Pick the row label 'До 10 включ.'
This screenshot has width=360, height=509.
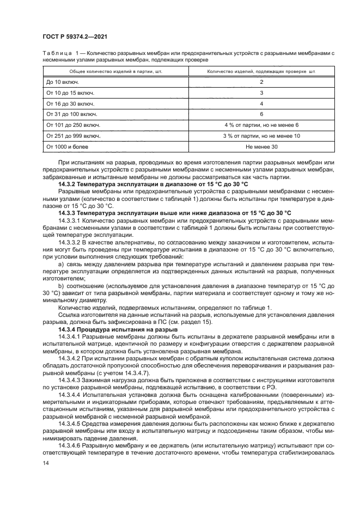click(x=63, y=82)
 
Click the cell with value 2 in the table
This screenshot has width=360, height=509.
click(x=261, y=82)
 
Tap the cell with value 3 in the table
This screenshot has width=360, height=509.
click(x=261, y=93)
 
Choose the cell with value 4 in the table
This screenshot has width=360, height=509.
click(x=261, y=103)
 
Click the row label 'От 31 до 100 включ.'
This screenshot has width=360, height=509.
click(x=72, y=114)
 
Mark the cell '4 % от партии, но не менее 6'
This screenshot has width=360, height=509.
click(x=261, y=125)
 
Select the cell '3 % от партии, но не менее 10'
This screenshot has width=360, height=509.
click(x=261, y=136)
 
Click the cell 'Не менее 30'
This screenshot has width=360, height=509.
click(x=261, y=147)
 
